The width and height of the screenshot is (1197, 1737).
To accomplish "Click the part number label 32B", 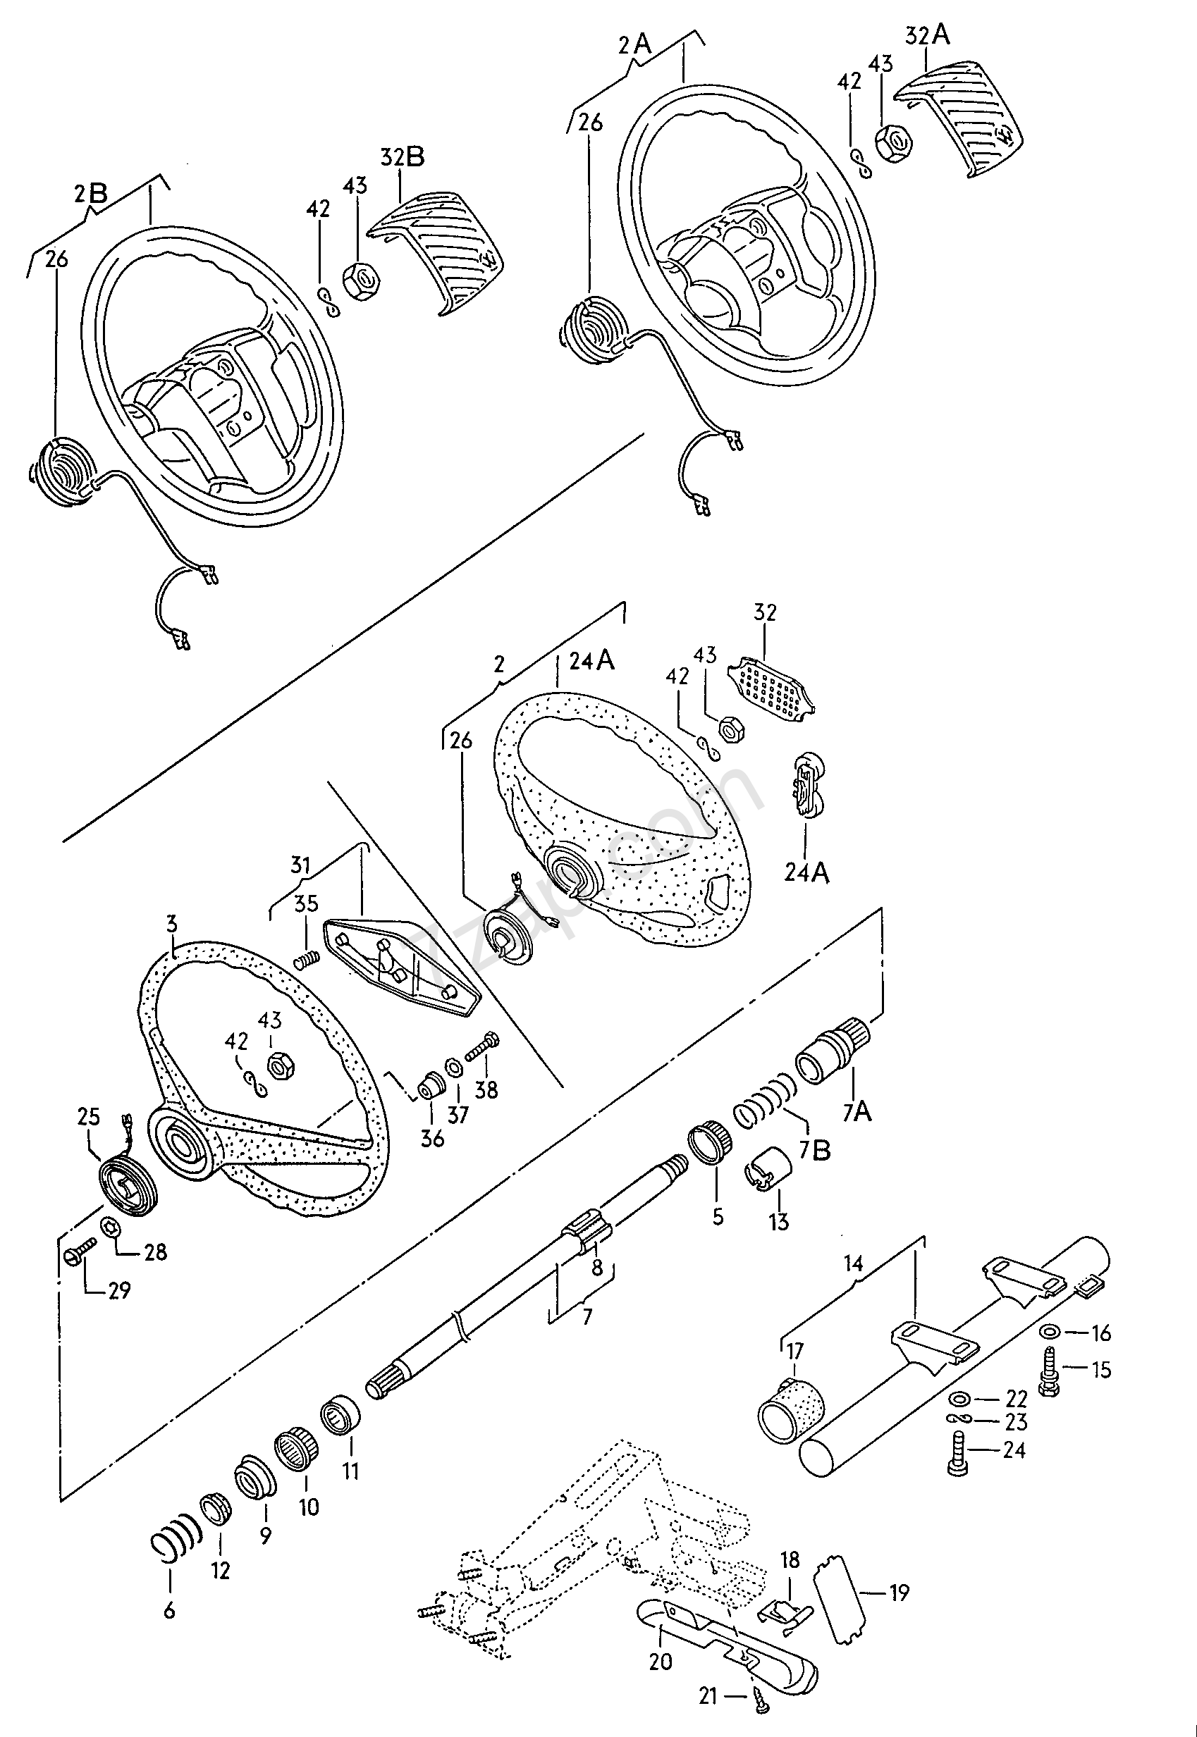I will pos(402,156).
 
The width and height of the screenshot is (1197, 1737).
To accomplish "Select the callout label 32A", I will pos(927,35).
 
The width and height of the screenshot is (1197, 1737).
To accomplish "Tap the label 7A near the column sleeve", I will pos(856,1112).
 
